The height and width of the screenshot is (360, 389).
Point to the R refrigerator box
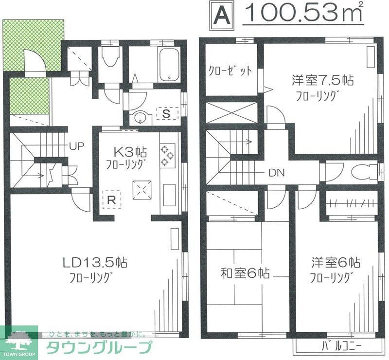pyautogui.click(x=111, y=199)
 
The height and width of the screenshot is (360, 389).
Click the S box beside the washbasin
pyautogui.click(x=166, y=114)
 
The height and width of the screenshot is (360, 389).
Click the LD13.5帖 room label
pyautogui.click(x=95, y=263)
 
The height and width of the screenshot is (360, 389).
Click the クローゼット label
pyautogui.click(x=230, y=71)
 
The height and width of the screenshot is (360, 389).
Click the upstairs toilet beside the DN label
pyautogui.click(x=361, y=172)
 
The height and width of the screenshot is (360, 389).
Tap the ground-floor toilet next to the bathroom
pyautogui.click(x=111, y=59)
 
